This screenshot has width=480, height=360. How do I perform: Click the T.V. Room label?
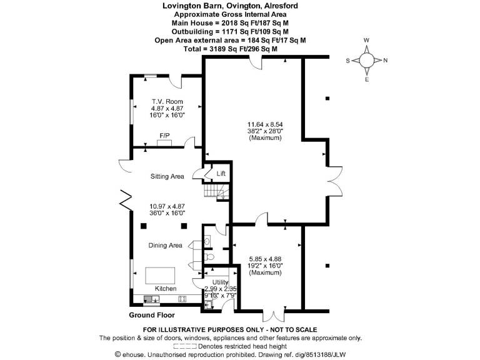coord(167,101)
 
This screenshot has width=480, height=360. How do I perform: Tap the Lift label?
coord(221,174)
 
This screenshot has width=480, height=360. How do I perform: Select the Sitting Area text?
coord(167,176)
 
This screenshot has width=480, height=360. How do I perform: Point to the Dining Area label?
coord(165,245)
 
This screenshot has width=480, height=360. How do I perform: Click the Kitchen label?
coord(166,288)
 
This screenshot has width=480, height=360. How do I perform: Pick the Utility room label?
coord(221,282)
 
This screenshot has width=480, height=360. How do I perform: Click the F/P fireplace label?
coord(165,135)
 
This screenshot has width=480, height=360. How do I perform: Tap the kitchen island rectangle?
coord(160,276)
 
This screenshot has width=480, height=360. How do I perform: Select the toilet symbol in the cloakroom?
coord(209,256)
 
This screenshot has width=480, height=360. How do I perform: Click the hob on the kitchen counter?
coord(182,299)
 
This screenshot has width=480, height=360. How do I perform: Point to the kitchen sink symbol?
coord(152,299)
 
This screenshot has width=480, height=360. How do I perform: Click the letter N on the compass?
coord(386,60)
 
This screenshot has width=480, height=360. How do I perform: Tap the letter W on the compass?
coord(366,40)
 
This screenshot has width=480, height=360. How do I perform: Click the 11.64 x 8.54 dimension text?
coord(265,124)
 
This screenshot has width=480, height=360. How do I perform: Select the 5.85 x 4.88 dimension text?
coord(265,259)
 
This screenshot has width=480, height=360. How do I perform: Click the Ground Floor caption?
coord(152,315)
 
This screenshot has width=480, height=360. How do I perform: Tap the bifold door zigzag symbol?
coord(126,201)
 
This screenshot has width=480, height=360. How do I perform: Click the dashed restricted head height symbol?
coord(185,346)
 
